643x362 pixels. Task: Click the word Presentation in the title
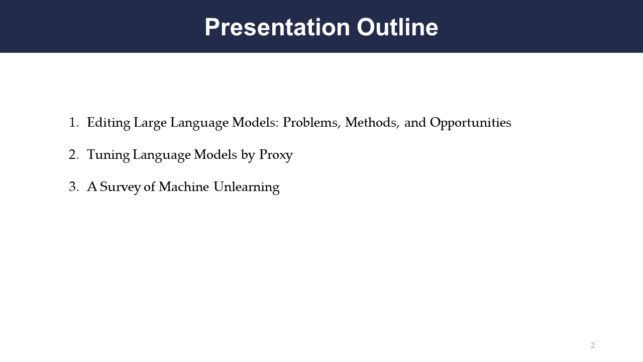pos(277,27)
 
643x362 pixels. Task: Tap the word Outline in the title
pos(397,27)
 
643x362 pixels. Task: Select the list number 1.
pos(74,123)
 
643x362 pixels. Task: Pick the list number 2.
pos(74,155)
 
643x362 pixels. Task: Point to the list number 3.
pos(74,187)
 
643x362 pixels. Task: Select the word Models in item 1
pos(255,122)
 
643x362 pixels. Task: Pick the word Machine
pos(184,187)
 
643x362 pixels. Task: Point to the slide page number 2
pos(592,345)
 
